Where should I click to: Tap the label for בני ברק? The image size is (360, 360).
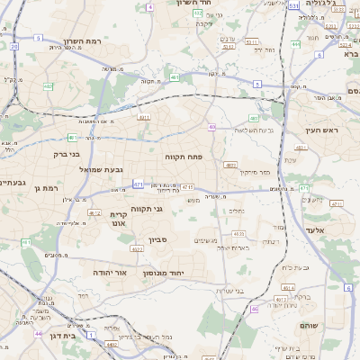tap(60, 155)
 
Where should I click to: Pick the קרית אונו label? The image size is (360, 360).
tap(120, 220)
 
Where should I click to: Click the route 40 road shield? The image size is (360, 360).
tap(212, 127)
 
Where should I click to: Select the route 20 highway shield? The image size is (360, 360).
tap(14, 45)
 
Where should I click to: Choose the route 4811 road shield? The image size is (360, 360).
tap(142, 116)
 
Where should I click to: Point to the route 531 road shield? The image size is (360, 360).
tap(294, 5)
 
